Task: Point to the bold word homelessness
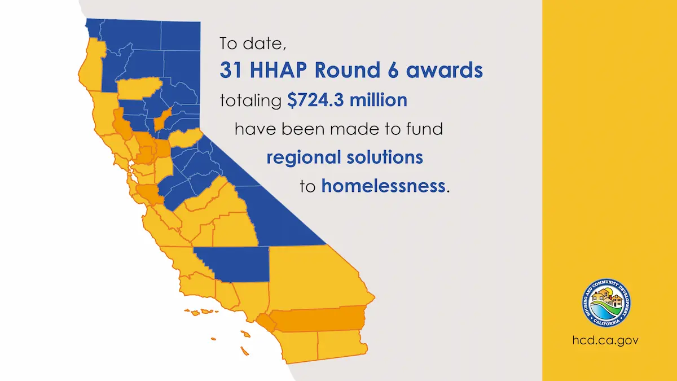pos(383,186)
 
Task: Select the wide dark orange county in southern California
pos(319,319)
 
